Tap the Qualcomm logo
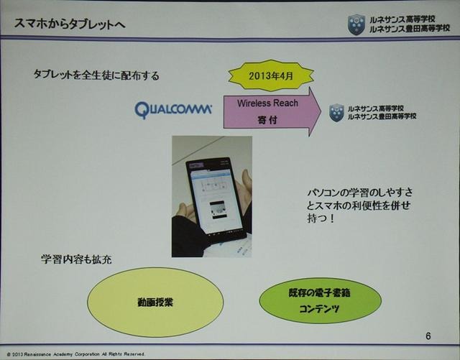[x=173, y=109]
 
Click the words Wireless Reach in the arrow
[x=267, y=103]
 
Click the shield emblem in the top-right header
[x=356, y=25]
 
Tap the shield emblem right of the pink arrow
[x=336, y=113]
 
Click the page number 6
[x=428, y=336]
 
